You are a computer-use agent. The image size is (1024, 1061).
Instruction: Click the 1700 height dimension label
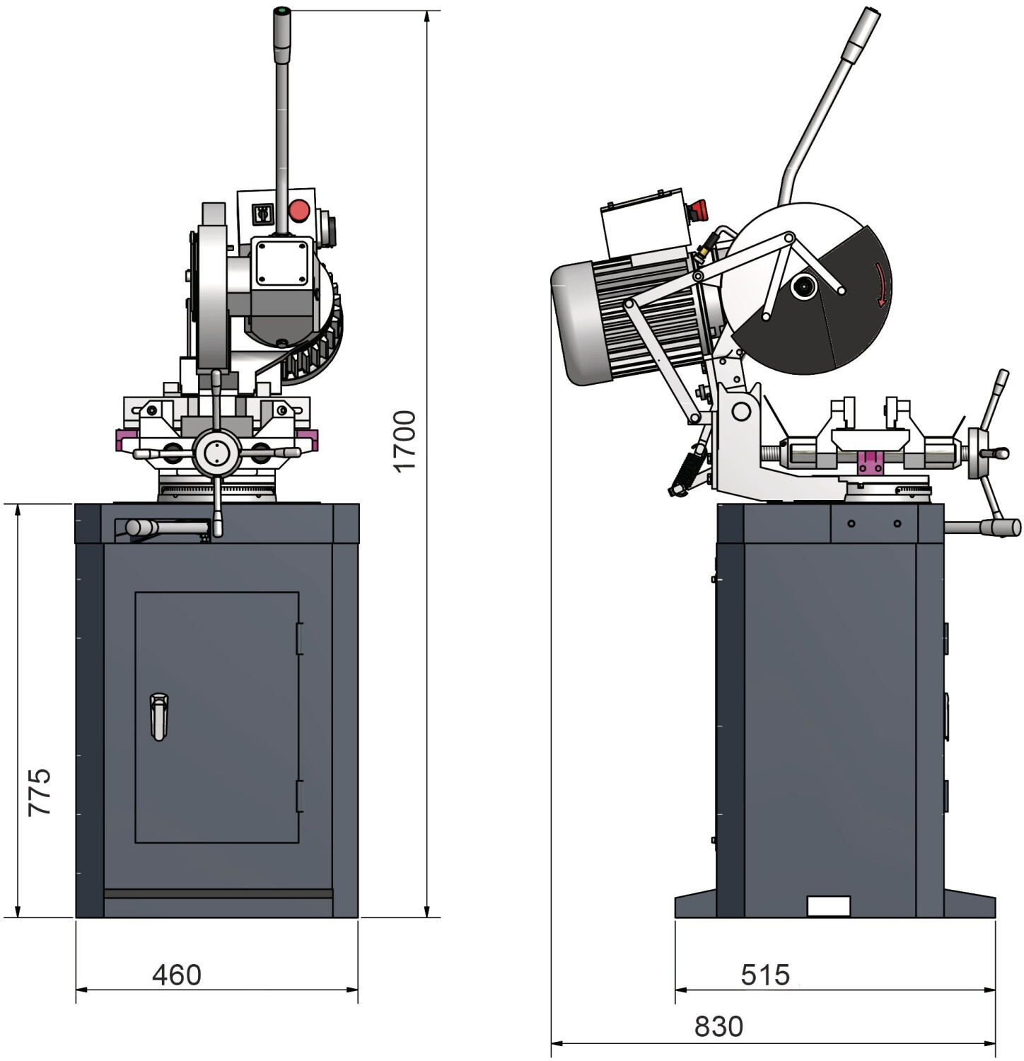tap(405, 440)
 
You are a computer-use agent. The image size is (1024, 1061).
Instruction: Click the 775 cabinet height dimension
tap(40, 792)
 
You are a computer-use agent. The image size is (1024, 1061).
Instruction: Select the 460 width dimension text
tap(177, 975)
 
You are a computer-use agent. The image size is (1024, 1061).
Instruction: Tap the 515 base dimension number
tap(765, 975)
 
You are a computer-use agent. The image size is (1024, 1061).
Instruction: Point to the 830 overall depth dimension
tap(718, 1026)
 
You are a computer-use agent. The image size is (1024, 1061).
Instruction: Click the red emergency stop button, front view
tap(299, 210)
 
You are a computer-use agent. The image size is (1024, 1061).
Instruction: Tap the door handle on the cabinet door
tap(159, 717)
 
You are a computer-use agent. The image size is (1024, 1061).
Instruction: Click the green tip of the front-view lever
tap(282, 11)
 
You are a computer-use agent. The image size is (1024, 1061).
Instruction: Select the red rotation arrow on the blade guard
tap(880, 284)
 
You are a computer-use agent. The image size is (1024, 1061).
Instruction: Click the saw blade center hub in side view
tap(803, 286)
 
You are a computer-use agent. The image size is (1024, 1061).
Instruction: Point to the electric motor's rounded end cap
tap(580, 323)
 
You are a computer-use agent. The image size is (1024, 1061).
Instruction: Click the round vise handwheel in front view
tap(217, 451)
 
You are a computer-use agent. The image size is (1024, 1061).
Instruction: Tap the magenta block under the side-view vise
tap(869, 463)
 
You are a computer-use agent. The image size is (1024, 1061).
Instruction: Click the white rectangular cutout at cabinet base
tap(828, 906)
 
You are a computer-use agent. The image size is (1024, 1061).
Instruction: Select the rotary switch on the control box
tap(262, 214)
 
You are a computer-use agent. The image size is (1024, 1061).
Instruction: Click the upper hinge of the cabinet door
tap(299, 639)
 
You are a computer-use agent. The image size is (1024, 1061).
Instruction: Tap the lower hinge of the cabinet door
tap(299, 796)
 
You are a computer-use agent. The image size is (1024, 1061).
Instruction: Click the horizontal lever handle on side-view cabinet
tap(983, 527)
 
